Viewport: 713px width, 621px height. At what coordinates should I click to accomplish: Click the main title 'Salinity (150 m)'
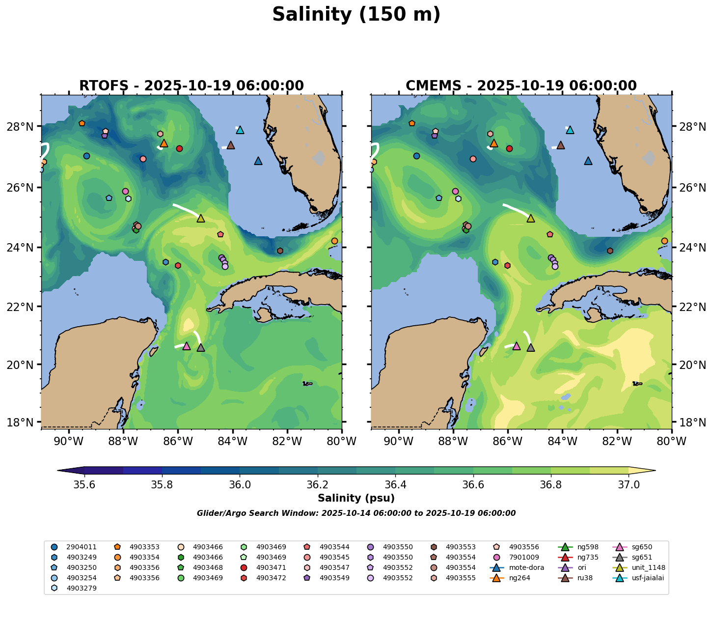[356, 15]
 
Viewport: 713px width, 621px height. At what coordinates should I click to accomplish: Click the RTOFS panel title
[191, 86]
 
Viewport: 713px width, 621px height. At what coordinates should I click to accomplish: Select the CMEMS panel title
[521, 86]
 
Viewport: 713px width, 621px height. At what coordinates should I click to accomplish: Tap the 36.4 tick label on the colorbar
[395, 485]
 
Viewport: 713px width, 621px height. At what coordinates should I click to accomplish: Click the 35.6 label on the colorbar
[84, 485]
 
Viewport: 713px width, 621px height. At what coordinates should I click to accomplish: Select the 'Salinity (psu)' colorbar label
[356, 498]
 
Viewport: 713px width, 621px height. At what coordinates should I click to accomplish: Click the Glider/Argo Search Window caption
[356, 513]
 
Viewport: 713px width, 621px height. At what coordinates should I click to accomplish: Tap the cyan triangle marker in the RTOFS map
[240, 130]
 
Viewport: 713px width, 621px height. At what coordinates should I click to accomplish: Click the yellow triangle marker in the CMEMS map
[530, 219]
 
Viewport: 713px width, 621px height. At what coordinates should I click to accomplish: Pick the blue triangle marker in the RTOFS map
[258, 161]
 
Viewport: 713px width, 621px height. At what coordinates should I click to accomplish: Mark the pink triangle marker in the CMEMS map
[516, 346]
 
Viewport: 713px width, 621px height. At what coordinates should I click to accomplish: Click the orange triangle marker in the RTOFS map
[164, 143]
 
